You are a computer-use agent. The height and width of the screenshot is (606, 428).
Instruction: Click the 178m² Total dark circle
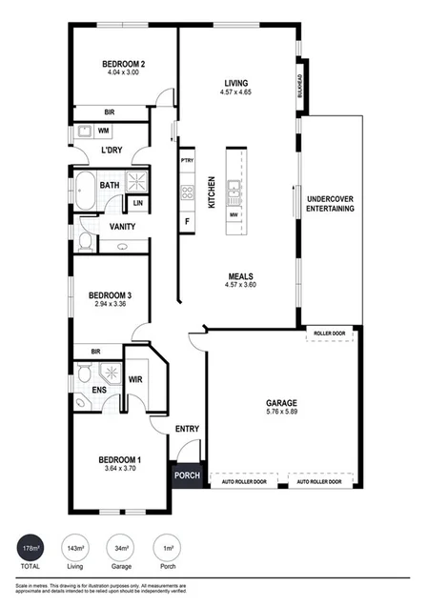pos(31,550)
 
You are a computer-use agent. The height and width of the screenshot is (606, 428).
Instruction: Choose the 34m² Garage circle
pos(123,550)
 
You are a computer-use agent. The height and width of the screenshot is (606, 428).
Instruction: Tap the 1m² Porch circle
pos(168,550)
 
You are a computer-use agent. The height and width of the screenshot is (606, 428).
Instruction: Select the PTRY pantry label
pos(187,160)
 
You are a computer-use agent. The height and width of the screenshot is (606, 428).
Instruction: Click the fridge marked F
pos(187,221)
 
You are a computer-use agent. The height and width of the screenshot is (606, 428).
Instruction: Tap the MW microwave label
pos(234,215)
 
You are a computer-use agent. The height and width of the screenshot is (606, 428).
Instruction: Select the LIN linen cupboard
pos(138,203)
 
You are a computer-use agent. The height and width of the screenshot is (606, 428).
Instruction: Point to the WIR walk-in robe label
pos(135,379)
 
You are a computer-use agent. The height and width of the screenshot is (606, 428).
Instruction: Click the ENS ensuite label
pos(98,390)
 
